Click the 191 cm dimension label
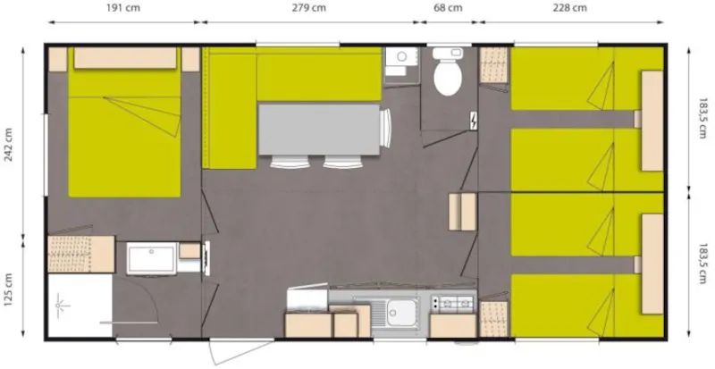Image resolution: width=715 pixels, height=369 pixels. (x=121, y=8)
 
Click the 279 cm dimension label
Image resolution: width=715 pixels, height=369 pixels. (x=308, y=8)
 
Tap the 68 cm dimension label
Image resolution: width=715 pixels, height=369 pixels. (x=449, y=8)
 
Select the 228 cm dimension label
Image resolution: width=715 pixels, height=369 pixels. (x=569, y=8)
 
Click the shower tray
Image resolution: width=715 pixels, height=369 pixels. (x=78, y=306)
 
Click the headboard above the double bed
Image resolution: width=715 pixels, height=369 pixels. (x=122, y=59)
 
